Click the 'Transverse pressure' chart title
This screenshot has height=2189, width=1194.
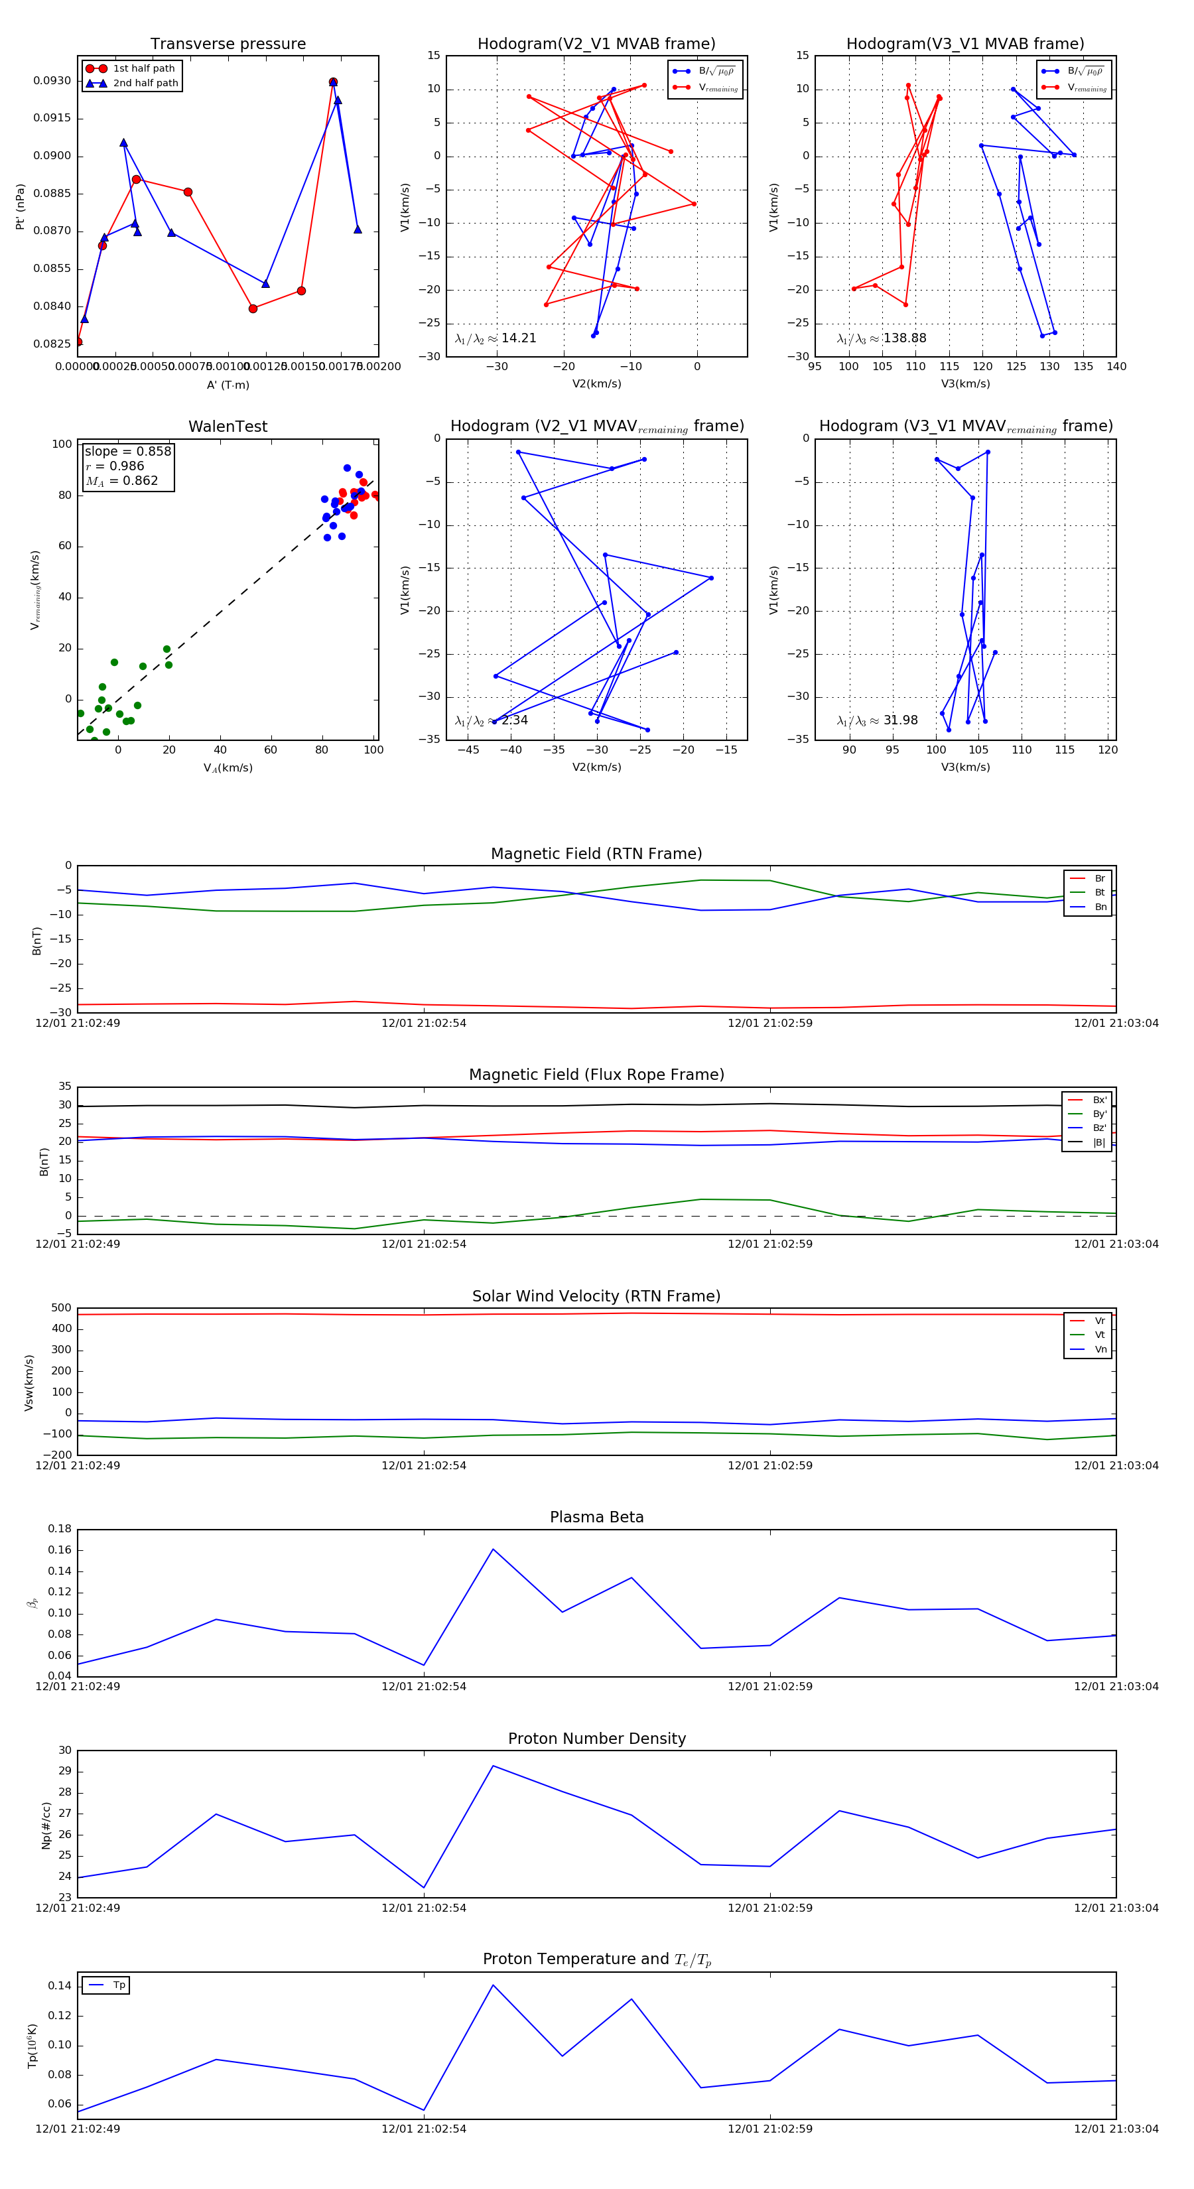click(228, 44)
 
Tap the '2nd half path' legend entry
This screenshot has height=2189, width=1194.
click(145, 84)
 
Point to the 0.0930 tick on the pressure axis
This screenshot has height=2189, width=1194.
click(52, 81)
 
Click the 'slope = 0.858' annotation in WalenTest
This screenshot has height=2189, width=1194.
click(127, 451)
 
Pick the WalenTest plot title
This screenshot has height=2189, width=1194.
click(228, 427)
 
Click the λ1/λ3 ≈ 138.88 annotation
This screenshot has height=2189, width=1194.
click(882, 338)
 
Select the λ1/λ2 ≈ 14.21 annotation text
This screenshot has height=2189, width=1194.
click(496, 338)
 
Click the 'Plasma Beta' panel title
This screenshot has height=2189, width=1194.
click(596, 1517)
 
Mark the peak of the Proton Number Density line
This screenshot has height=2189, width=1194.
click(493, 1766)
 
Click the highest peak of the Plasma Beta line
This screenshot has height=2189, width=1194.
click(493, 1549)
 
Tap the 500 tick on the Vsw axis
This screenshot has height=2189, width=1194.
click(61, 1308)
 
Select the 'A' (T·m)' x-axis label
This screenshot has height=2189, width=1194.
click(228, 385)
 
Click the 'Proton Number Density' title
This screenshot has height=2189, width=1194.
click(596, 1739)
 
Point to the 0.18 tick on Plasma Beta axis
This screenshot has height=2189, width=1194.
click(60, 1529)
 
